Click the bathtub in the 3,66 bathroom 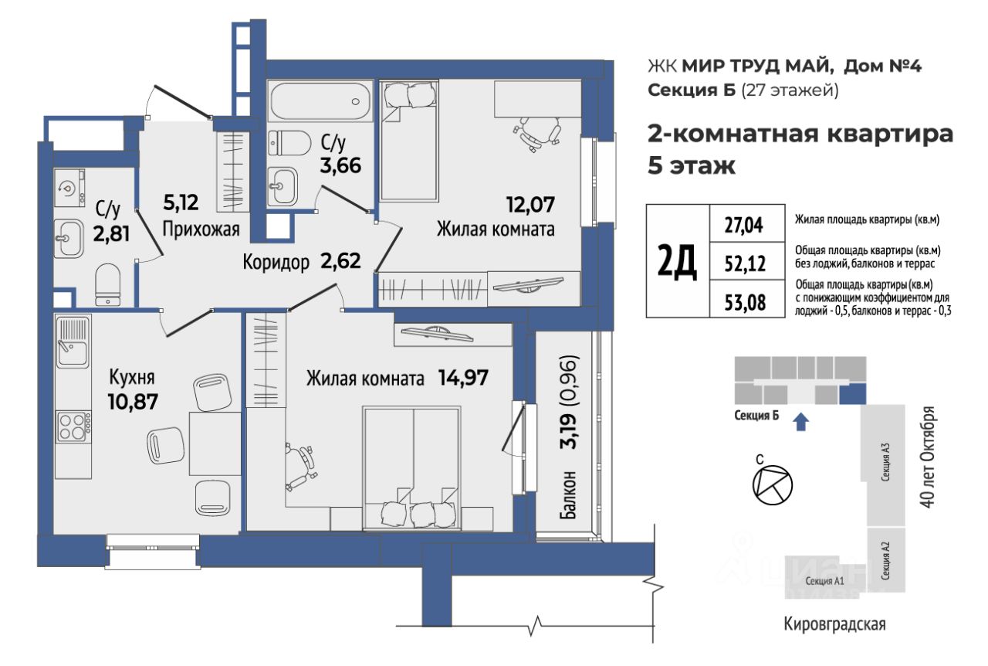[320, 101]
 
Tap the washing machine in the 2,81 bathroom [69, 188]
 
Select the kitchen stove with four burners [73, 426]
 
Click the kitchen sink [73, 341]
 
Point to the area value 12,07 [530, 205]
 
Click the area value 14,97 [463, 378]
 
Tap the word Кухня [132, 378]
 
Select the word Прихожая [201, 229]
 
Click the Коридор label [276, 263]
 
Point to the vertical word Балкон [567, 494]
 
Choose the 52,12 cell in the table [747, 263]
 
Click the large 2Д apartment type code [678, 261]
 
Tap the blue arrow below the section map [801, 422]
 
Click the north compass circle [773, 485]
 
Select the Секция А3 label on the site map [885, 461]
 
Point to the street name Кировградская [835, 624]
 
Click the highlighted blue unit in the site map [852, 394]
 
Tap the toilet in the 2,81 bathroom [108, 285]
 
